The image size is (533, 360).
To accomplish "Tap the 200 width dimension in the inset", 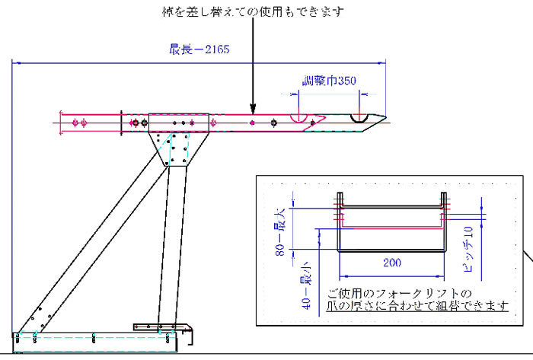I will (x=391, y=263).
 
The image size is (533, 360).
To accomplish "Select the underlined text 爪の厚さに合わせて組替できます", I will (x=417, y=307).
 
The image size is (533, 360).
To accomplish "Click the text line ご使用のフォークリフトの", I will (x=399, y=293).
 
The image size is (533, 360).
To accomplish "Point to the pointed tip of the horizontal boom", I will (x=383, y=118).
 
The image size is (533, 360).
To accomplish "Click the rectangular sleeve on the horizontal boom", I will (x=178, y=123).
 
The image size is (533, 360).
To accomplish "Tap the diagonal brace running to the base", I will (x=91, y=236).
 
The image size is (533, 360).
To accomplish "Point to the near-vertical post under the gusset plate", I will (x=170, y=244).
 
